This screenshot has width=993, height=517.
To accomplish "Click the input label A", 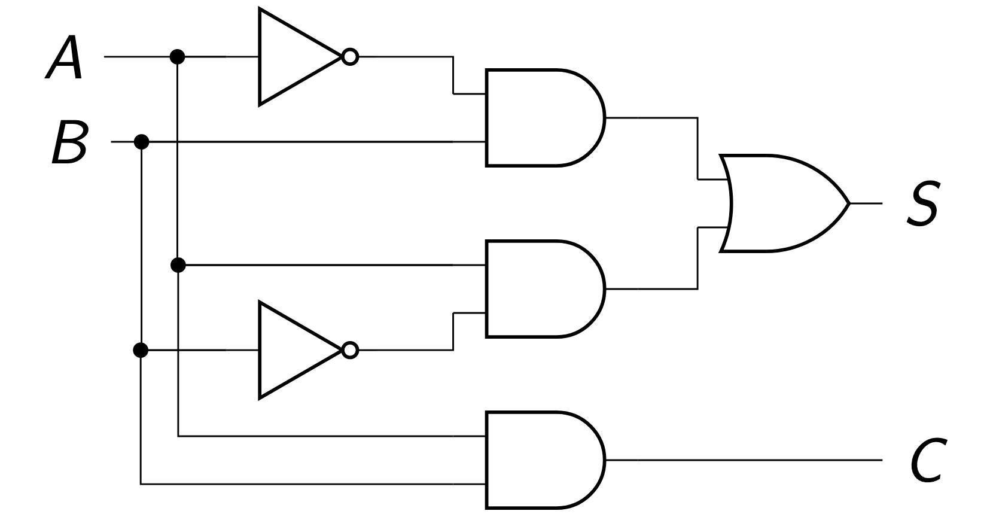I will pyautogui.click(x=64, y=57).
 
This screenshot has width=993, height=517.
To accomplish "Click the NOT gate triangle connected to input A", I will pyautogui.click(x=293, y=57).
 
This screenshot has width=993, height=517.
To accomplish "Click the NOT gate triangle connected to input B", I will pyautogui.click(x=293, y=349).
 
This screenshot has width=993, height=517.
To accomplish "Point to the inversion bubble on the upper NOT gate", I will pyautogui.click(x=350, y=57).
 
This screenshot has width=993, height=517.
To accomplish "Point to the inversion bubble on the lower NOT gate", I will pyautogui.click(x=350, y=349).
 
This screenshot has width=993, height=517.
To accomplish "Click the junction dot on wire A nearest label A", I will pyautogui.click(x=177, y=57).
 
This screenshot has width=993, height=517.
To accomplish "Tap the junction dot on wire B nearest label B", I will pyautogui.click(x=141, y=142).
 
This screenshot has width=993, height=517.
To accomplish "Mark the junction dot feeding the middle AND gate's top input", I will pyautogui.click(x=178, y=264).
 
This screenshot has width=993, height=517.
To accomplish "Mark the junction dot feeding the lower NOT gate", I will pyautogui.click(x=141, y=349).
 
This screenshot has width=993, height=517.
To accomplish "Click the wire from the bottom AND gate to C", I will pyautogui.click(x=742, y=460).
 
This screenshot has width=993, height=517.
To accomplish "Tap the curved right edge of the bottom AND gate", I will pyautogui.click(x=603, y=460).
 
